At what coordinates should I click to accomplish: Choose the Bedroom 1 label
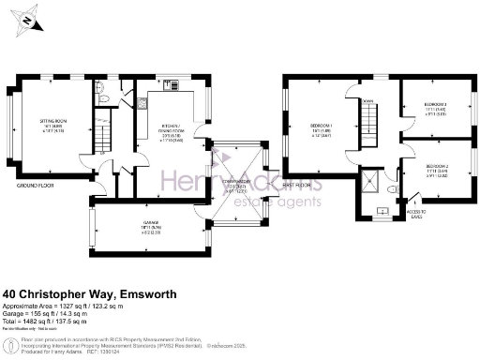click(x=322, y=126)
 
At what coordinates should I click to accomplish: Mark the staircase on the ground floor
click(x=100, y=140)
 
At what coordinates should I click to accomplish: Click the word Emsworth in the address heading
click(x=148, y=293)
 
